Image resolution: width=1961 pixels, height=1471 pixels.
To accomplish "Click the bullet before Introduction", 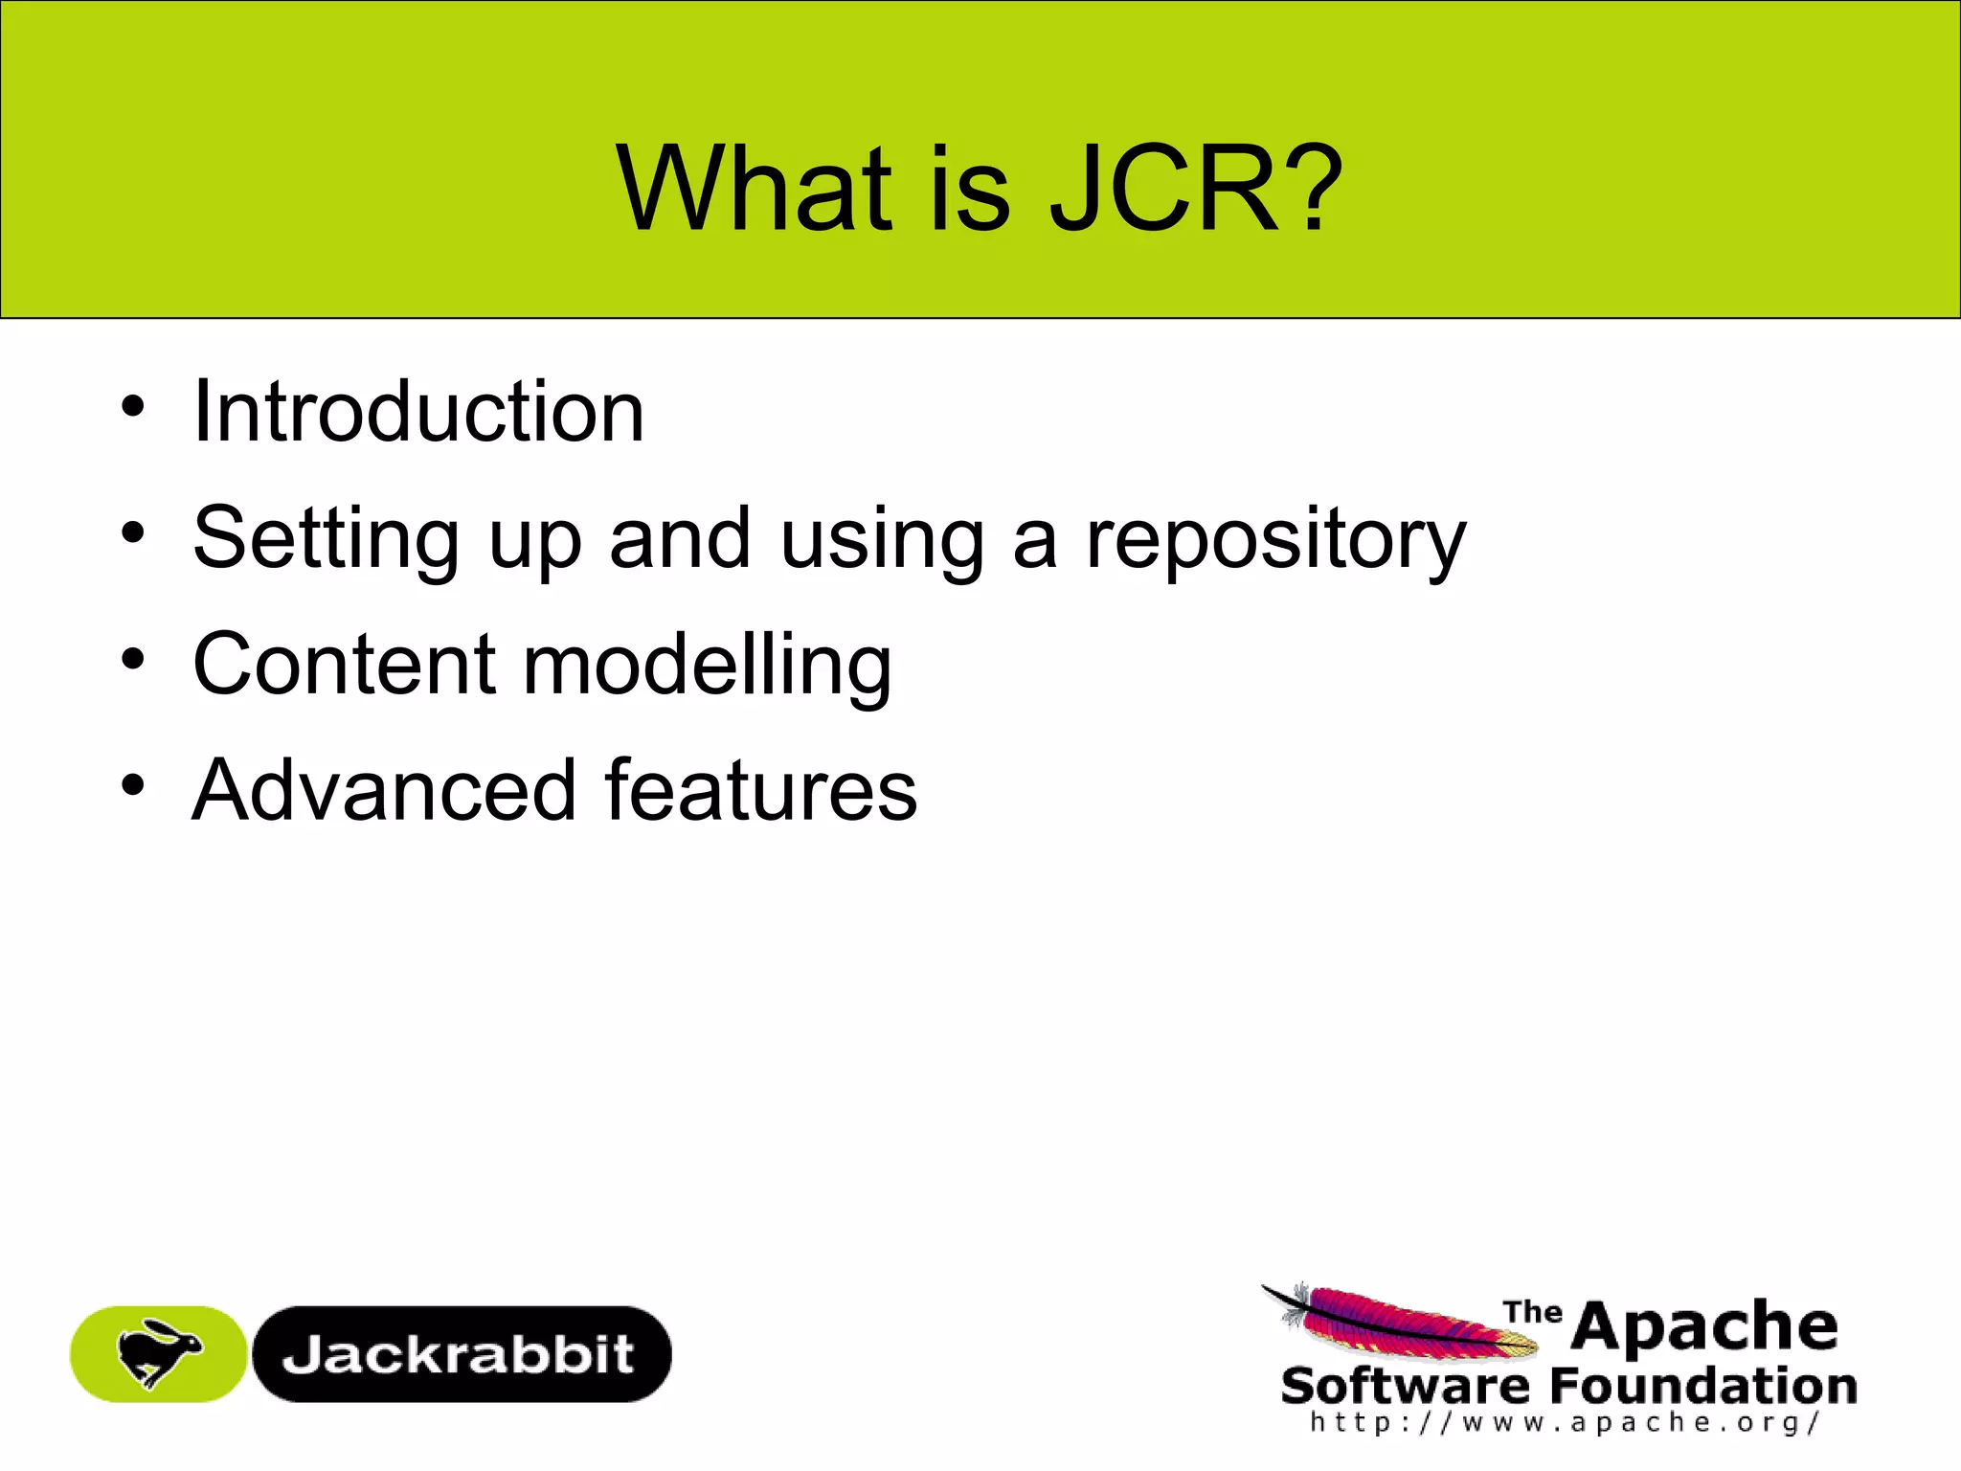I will tap(133, 406).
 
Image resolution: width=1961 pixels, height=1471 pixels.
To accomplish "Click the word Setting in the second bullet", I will tap(326, 539).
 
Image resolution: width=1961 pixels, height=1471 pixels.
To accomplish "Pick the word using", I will tap(882, 539).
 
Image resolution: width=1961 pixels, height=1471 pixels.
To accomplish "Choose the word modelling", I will tap(708, 666).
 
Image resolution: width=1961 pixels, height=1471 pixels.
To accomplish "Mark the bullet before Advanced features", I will tap(133, 785).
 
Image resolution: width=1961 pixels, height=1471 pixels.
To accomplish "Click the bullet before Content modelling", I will tap(133, 659).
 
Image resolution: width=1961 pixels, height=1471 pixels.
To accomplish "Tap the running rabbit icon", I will tap(158, 1352).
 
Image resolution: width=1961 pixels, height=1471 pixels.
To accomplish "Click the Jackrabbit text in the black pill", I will tap(459, 1354).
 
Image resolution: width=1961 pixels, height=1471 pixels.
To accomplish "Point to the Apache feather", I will tap(1398, 1322).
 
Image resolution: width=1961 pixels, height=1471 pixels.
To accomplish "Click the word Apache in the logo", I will tap(1704, 1326).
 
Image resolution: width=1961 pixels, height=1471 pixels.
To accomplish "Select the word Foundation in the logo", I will tap(1702, 1386).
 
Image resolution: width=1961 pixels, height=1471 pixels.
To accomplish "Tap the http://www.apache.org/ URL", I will tap(1565, 1422).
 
